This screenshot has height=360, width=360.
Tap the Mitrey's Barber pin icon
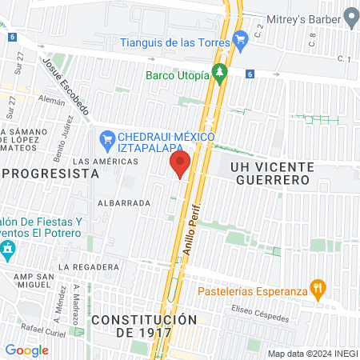coord(350,16)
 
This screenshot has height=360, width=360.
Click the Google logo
coord(26,350)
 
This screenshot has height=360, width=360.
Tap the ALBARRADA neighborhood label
coord(124,203)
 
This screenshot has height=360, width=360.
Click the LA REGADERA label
coord(89,266)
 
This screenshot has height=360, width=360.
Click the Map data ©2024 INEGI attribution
coord(311,353)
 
